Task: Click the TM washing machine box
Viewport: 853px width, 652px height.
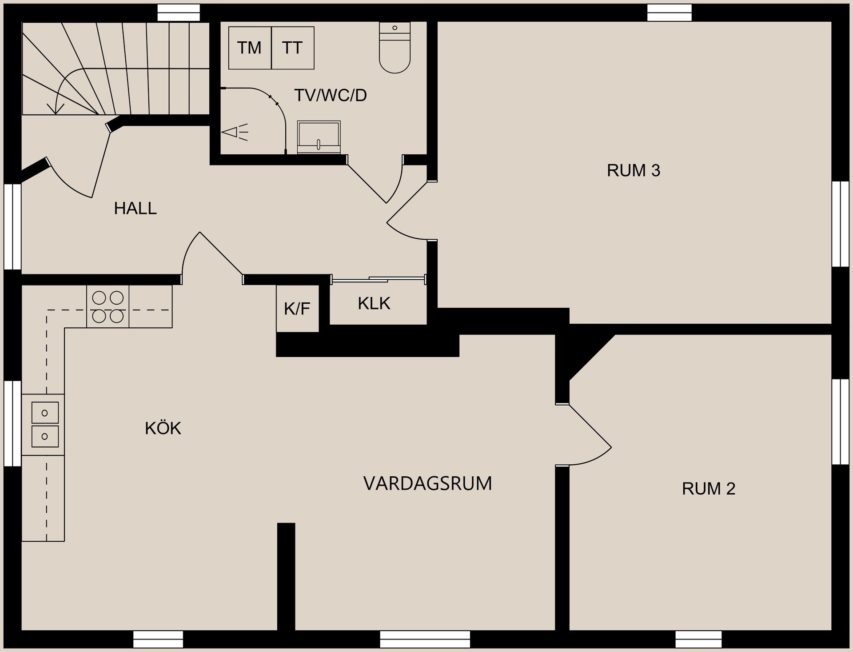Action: [250, 48]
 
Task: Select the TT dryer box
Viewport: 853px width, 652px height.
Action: [292, 48]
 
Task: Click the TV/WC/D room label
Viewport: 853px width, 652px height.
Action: [331, 96]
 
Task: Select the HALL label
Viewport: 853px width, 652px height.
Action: [135, 209]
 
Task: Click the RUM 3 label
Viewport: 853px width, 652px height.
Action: [634, 171]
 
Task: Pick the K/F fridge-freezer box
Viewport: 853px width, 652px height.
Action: [297, 309]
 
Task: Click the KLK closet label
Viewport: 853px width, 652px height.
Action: [374, 304]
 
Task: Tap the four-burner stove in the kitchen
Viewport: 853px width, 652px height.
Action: [108, 307]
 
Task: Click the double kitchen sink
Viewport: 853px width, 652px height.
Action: [45, 425]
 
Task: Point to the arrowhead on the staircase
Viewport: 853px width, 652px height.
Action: [56, 109]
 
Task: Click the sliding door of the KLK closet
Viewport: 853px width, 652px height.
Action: [379, 280]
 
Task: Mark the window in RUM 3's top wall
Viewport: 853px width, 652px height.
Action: [669, 12]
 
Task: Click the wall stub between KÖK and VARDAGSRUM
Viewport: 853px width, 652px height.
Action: [286, 576]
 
